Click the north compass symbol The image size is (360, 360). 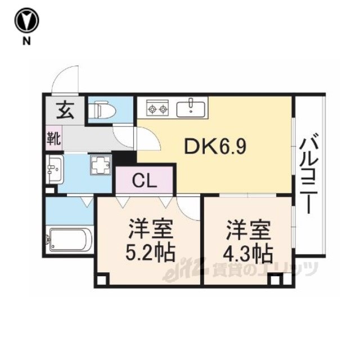[27, 20]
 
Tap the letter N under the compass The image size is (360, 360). [26, 41]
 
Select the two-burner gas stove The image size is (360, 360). [157, 107]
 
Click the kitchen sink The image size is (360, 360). [191, 109]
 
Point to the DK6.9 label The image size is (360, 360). [215, 146]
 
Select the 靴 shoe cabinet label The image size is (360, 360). [54, 138]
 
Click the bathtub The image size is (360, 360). [70, 240]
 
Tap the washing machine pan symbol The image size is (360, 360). [101, 165]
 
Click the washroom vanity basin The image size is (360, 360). [55, 169]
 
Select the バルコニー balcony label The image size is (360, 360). [309, 173]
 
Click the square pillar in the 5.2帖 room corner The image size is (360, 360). [102, 280]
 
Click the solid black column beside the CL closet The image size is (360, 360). [124, 157]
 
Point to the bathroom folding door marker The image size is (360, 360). [87, 201]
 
